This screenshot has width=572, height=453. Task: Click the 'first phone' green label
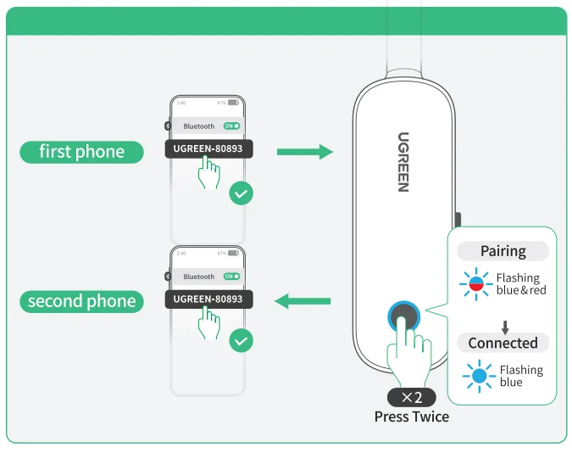pyautogui.click(x=81, y=152)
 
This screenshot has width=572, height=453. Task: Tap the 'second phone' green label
pyautogui.click(x=81, y=301)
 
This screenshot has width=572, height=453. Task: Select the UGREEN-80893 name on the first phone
pyautogui.click(x=208, y=149)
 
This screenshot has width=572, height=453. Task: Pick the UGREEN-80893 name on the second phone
pyautogui.click(x=208, y=299)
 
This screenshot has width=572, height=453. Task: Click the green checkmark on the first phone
pyautogui.click(x=242, y=193)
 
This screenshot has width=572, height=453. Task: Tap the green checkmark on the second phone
pyautogui.click(x=242, y=341)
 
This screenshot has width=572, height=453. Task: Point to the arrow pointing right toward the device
pyautogui.click(x=304, y=152)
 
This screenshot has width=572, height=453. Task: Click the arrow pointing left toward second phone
pyautogui.click(x=303, y=300)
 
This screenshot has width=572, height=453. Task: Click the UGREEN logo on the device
pyautogui.click(x=403, y=161)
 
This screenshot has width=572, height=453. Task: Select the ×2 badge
pyautogui.click(x=412, y=397)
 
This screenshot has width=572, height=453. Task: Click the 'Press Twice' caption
pyautogui.click(x=412, y=417)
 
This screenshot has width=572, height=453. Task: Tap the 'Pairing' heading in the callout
pyautogui.click(x=503, y=251)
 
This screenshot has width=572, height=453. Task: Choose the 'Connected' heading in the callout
pyautogui.click(x=503, y=343)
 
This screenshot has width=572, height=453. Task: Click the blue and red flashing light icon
pyautogui.click(x=476, y=284)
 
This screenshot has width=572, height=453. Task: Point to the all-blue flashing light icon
pyautogui.click(x=480, y=376)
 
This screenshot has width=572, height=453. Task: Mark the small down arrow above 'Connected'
pyautogui.click(x=505, y=327)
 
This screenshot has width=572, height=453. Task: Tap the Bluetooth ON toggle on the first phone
pyautogui.click(x=231, y=126)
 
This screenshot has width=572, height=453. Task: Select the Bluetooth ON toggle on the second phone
pyautogui.click(x=231, y=277)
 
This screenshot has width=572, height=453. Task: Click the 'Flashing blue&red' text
pyautogui.click(x=521, y=284)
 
